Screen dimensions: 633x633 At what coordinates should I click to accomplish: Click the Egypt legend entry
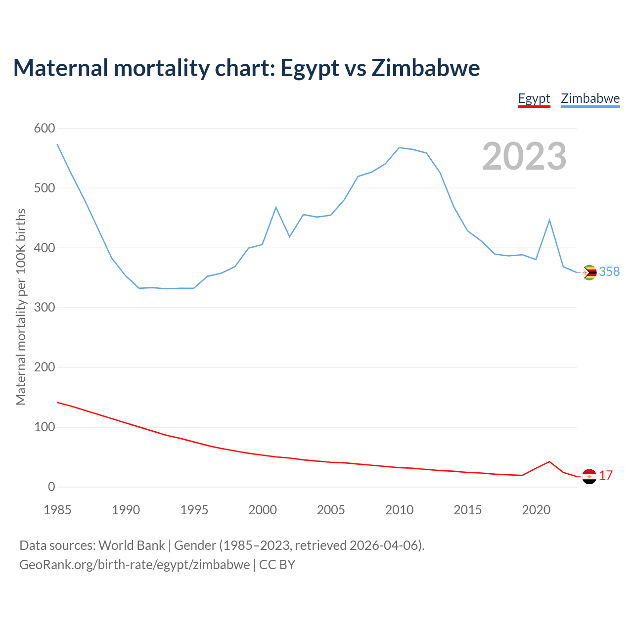[534, 98]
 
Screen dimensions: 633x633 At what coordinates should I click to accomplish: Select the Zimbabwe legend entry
[590, 98]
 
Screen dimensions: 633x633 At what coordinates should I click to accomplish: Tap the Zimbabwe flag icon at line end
[589, 272]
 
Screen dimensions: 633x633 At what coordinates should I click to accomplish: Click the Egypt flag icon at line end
[589, 476]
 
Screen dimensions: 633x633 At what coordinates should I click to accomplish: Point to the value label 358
[609, 271]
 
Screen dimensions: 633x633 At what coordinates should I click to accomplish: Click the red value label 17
[606, 475]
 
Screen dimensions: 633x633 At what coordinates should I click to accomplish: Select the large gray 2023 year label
[524, 156]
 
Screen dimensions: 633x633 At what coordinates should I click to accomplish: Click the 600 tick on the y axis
[45, 129]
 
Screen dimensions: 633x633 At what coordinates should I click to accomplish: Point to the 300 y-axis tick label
[45, 308]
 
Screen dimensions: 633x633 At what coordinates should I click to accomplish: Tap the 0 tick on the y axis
[51, 487]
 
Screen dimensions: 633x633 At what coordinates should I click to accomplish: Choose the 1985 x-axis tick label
[57, 510]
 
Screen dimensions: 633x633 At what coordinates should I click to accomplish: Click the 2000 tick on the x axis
[263, 510]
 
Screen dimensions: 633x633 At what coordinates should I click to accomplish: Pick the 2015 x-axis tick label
[468, 510]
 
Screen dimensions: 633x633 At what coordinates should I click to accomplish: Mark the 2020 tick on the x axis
[536, 510]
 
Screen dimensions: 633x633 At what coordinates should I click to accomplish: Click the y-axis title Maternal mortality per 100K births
[21, 307]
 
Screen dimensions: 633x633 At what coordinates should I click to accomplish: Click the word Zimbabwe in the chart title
[425, 68]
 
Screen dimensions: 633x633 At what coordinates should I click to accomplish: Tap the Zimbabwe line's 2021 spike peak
[549, 220]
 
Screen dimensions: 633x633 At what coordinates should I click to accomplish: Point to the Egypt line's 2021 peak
[549, 462]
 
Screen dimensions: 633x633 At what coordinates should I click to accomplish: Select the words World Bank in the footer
[132, 545]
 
